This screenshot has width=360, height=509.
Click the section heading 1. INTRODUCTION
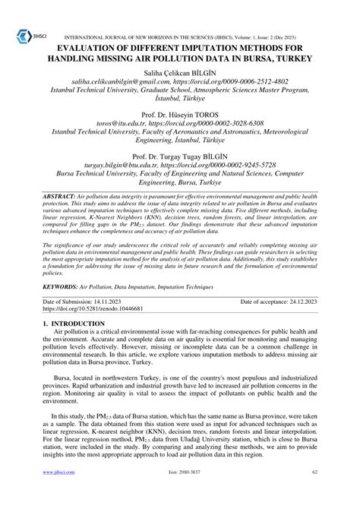tap(74, 324)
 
